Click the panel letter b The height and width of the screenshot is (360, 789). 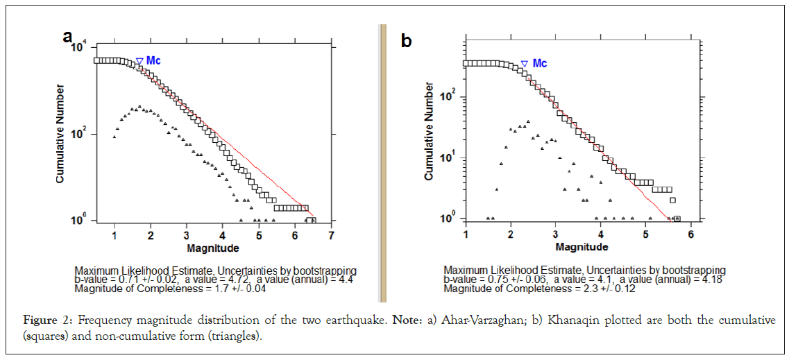[407, 41]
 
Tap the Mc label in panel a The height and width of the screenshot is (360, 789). [153, 61]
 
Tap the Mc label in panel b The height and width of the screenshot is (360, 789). [539, 63]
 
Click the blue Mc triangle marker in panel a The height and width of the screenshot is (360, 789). [139, 62]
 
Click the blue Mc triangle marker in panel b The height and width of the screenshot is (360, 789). [525, 64]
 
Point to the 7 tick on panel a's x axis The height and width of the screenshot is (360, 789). [332, 235]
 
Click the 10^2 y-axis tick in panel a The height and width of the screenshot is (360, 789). [80, 134]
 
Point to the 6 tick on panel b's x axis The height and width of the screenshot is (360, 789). [690, 234]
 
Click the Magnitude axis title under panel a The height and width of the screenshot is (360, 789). [212, 248]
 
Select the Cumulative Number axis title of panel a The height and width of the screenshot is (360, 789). [60, 134]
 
